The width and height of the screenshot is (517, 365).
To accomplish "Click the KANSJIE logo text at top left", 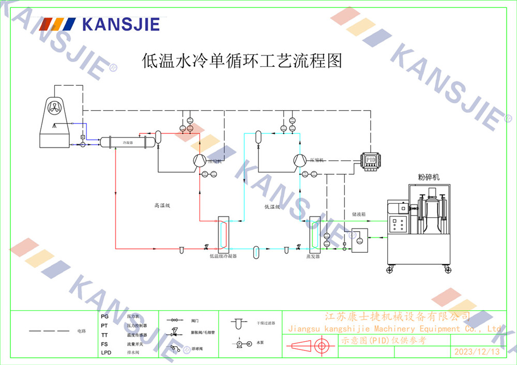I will [121, 24].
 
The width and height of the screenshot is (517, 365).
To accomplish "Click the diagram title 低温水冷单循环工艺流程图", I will [242, 61].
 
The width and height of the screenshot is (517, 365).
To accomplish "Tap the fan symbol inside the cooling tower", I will [54, 108].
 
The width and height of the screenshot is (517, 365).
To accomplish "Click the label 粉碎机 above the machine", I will [429, 177].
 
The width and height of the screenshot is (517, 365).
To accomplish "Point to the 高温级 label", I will [162, 206].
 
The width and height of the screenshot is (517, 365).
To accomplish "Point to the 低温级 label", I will [272, 207].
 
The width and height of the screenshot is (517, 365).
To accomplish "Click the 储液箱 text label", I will [359, 213].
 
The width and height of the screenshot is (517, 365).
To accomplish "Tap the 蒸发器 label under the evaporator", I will [313, 256].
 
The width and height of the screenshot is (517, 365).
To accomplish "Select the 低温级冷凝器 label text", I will [223, 256].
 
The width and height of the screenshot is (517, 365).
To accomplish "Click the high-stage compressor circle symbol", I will [199, 161].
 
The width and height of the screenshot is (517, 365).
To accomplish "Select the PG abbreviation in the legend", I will [105, 316].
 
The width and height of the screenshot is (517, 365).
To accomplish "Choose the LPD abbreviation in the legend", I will [106, 353].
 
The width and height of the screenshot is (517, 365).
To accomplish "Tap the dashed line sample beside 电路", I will [49, 330].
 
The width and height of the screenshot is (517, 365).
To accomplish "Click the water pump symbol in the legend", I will [241, 343].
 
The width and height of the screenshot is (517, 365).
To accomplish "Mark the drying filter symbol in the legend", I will [238, 324].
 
